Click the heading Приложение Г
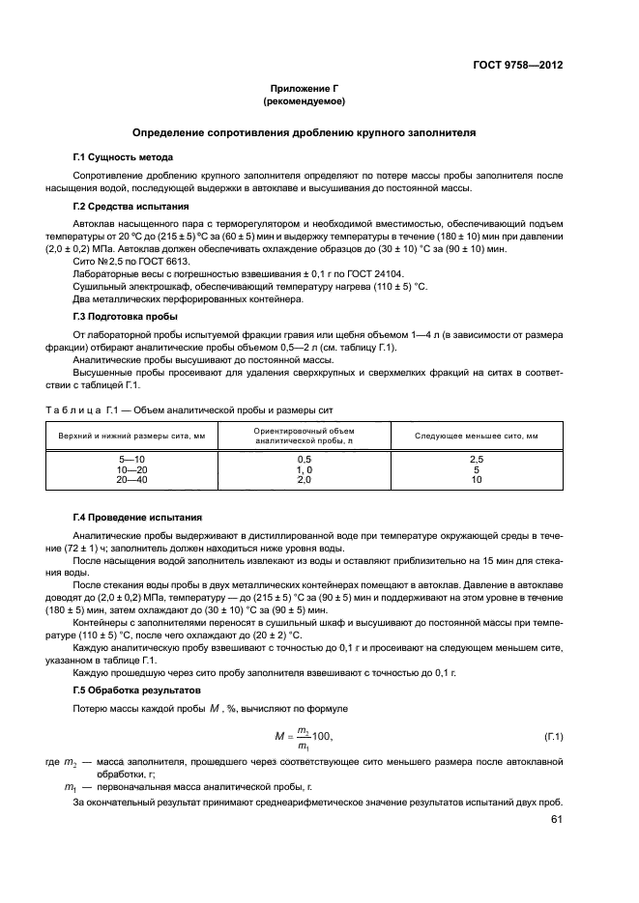click(304, 88)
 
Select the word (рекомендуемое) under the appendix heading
click(304, 100)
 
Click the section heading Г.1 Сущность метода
click(124, 156)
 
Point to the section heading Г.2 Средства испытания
click(131, 207)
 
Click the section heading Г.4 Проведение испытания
click(137, 518)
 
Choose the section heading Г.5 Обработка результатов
click(141, 691)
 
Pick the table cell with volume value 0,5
click(304, 459)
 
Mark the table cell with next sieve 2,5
click(476, 459)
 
